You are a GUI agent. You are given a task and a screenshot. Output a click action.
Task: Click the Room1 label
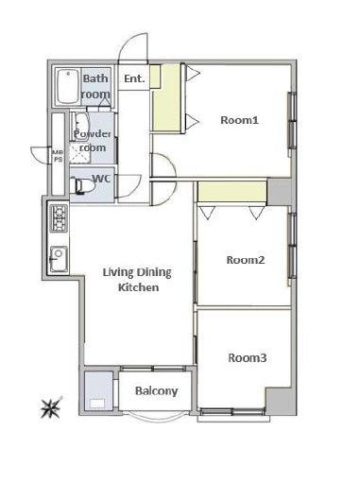click(239, 120)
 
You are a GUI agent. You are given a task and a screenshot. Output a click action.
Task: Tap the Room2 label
click(246, 260)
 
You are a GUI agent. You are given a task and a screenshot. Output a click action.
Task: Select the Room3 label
click(248, 358)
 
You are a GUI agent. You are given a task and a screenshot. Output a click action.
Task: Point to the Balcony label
click(157, 391)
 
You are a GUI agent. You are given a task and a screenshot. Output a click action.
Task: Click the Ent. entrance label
click(134, 78)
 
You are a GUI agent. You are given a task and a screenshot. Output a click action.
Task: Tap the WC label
click(102, 179)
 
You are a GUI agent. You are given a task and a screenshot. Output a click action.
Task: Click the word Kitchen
click(139, 287)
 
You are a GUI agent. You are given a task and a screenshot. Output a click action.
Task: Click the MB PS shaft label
click(58, 156)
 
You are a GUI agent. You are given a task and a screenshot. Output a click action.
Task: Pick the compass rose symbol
click(50, 408)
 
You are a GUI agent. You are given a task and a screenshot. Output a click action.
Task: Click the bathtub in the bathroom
click(67, 87)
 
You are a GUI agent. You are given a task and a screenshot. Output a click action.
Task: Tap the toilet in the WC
click(81, 186)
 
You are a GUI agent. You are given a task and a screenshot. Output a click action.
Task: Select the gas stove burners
click(59, 218)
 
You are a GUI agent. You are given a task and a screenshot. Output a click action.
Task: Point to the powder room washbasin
click(80, 127)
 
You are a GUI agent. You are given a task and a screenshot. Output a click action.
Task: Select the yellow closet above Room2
click(232, 192)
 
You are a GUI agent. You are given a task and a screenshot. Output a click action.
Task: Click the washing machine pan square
click(98, 390)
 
